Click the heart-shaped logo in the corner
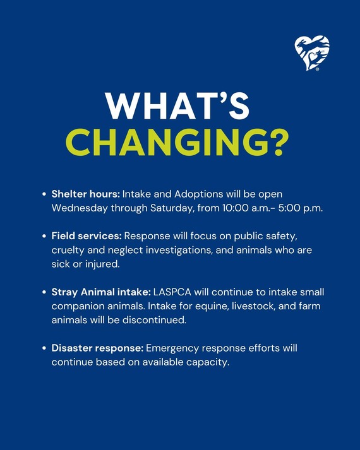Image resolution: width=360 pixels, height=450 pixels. pyautogui.click(x=312, y=53)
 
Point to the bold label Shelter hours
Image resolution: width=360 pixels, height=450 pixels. pyautogui.click(x=85, y=194)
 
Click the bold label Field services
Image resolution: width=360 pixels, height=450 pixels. pyautogui.click(x=87, y=237)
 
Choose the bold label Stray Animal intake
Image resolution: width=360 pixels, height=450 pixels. pyautogui.click(x=101, y=292)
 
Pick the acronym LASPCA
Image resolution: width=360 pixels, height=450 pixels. pyautogui.click(x=173, y=292)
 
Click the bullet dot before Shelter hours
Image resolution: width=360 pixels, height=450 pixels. pyautogui.click(x=44, y=195)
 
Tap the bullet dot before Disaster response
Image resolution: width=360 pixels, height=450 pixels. pyautogui.click(x=44, y=349)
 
